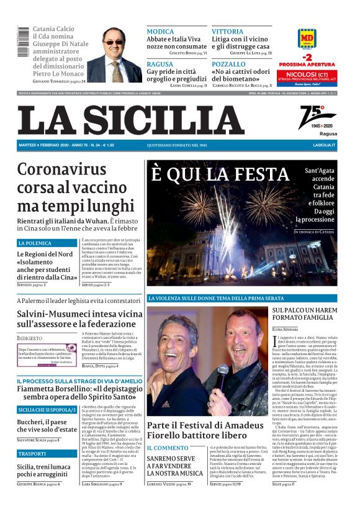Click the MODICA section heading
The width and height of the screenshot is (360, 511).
tap(160, 31)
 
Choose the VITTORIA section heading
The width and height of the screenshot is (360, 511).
tap(227, 31)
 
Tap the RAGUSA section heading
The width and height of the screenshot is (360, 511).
tap(160, 64)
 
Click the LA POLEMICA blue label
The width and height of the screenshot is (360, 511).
tap(35, 243)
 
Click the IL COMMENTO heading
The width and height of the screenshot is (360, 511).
tap(167, 448)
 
